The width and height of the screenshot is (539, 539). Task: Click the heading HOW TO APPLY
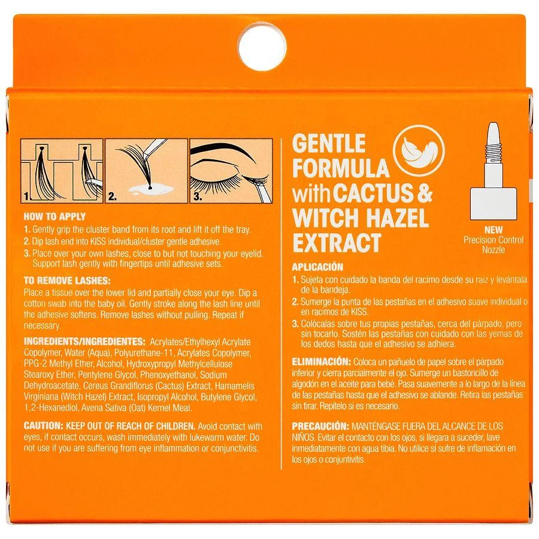pyautogui.click(x=54, y=217)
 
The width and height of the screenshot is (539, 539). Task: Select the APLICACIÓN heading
pyautogui.click(x=317, y=267)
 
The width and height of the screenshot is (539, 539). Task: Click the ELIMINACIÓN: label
pyautogui.click(x=321, y=362)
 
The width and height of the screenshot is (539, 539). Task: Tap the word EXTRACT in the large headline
pyautogui.click(x=336, y=243)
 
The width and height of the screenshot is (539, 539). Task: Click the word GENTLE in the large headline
pyautogui.click(x=328, y=144)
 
